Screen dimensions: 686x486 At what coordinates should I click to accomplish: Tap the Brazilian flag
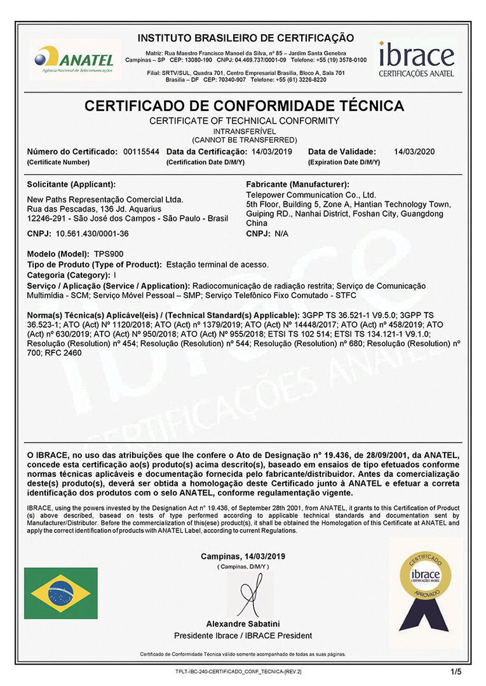tap(61, 593)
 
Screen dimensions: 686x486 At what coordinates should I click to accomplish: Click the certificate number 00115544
tap(141, 152)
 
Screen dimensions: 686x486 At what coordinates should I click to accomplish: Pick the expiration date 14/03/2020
tap(414, 152)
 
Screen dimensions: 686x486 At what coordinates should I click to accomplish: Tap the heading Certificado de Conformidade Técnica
tap(244, 106)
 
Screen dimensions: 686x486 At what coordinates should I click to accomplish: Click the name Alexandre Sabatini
tap(243, 624)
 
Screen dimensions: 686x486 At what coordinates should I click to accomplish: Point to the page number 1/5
tap(456, 671)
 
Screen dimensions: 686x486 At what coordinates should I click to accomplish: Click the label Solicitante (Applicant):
tap(71, 185)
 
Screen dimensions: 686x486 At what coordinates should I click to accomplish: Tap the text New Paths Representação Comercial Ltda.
tap(105, 199)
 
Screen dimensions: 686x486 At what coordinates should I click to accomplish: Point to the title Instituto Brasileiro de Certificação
tap(246, 38)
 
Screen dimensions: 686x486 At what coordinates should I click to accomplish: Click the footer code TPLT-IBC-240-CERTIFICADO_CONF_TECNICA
tap(238, 671)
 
